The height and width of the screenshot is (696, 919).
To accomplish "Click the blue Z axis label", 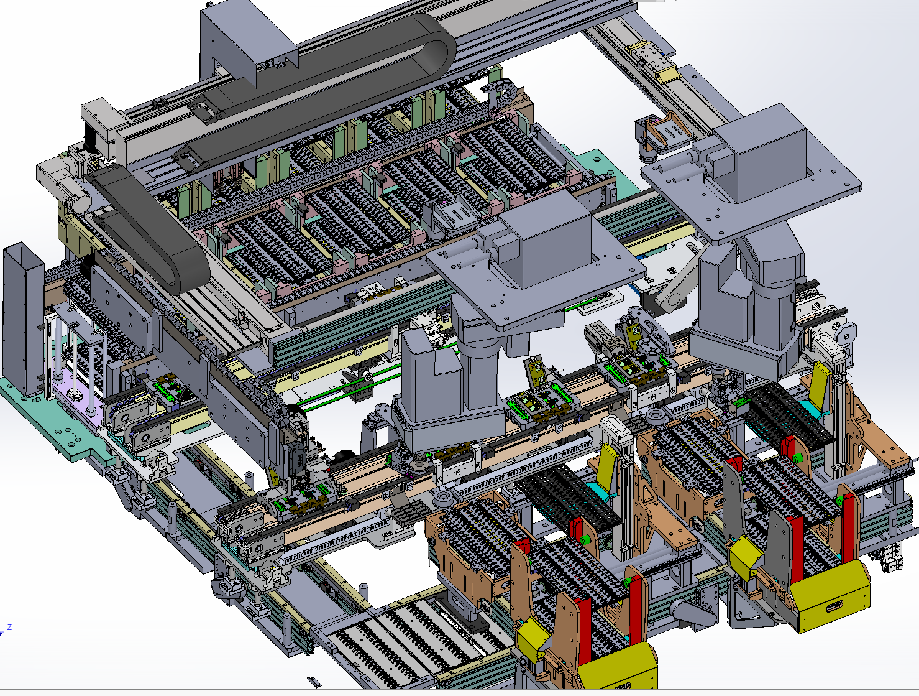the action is [x=9, y=628].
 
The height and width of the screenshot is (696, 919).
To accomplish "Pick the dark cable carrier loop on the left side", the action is [x=149, y=228].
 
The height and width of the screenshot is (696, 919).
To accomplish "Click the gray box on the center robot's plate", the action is [x=544, y=237].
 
